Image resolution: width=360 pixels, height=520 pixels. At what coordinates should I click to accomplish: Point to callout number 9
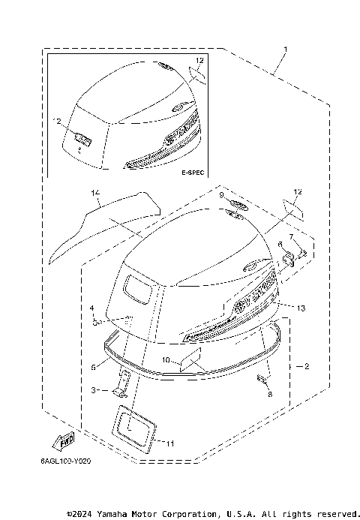pos(221,194)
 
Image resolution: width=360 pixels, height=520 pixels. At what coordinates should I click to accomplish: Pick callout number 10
pos(166,359)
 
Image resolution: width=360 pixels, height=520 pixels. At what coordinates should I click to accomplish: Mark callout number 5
pos(93,367)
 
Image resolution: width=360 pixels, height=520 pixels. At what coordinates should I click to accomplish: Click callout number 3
pos(94,390)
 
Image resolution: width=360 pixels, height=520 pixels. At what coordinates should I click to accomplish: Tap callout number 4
pos(92,308)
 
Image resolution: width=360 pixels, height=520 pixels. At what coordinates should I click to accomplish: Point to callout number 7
pos(292,237)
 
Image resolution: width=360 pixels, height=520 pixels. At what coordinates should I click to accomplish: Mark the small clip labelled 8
pos(263,380)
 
